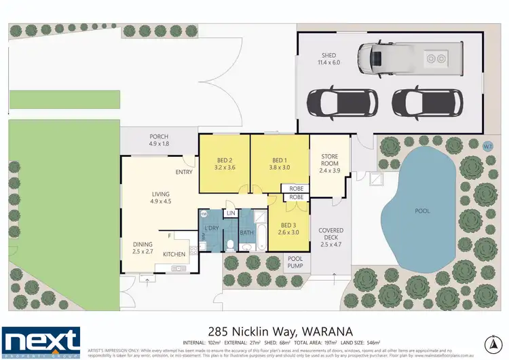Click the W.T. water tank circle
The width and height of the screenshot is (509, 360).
[487, 145]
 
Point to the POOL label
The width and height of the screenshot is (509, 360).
[422, 211]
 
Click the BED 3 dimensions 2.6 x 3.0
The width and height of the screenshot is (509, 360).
[288, 232]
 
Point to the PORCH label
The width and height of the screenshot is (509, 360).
[158, 137]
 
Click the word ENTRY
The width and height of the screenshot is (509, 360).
[184, 172]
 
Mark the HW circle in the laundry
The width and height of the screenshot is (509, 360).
[204, 214]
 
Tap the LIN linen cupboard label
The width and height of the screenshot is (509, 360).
[231, 213]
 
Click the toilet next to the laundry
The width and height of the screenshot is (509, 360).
[231, 246]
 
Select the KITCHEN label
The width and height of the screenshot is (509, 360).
[174, 253]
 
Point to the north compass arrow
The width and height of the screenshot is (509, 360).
[491, 340]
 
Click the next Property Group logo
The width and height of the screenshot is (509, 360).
[41, 341]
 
